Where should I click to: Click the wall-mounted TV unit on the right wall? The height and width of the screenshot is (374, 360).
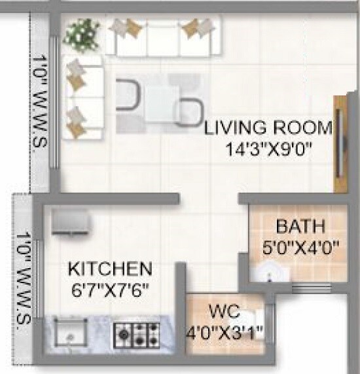[x=340, y=144]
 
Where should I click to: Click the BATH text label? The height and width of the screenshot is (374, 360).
[x=300, y=228]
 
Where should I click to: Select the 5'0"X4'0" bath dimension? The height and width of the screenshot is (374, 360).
[x=300, y=248]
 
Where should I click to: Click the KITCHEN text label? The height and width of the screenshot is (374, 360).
[x=111, y=269]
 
